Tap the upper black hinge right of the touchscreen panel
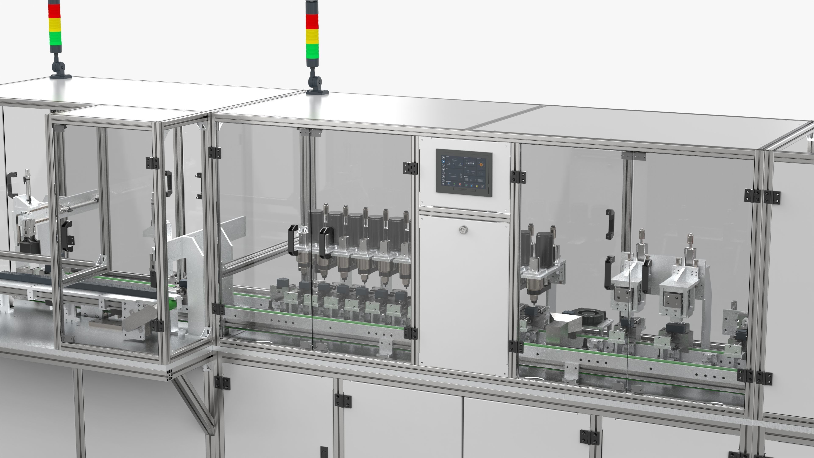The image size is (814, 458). pyautogui.click(x=518, y=177)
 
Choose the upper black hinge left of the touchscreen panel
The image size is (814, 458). pyautogui.click(x=410, y=168)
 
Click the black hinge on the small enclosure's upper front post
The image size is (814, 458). pyautogui.click(x=153, y=163)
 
